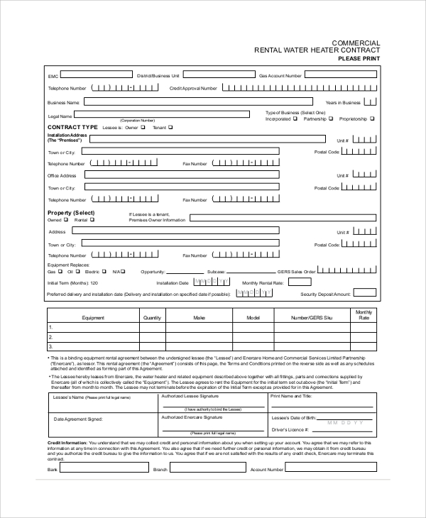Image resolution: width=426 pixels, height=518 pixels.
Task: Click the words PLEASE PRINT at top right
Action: pyautogui.click(x=359, y=59)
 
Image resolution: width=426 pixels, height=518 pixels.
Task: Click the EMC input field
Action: pyautogui.click(x=97, y=75)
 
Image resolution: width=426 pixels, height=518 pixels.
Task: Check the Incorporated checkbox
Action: pyautogui.click(x=295, y=119)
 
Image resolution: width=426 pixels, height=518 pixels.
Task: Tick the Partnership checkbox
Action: pyautogui.click(x=332, y=119)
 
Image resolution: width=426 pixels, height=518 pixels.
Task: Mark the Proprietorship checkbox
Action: pyautogui.click(x=372, y=119)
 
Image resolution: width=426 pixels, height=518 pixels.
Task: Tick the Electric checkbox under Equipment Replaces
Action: pyautogui.click(x=104, y=271)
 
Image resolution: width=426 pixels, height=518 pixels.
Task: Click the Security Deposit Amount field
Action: pyautogui.click(x=365, y=293)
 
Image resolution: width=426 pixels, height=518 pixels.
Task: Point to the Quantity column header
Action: pyautogui.click(x=153, y=318)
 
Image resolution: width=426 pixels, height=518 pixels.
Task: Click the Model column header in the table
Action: pyautogui.click(x=253, y=318)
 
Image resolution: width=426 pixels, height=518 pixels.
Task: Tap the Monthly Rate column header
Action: pyautogui.click(x=364, y=315)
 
